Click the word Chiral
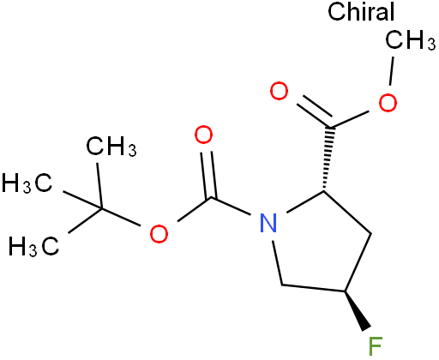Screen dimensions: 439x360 coord(361,11)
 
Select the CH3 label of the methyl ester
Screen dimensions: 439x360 coord(411,40)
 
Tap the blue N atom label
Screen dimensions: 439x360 coord(268,223)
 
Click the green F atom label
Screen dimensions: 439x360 coord(376,346)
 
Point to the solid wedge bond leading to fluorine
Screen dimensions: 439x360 coord(357,311)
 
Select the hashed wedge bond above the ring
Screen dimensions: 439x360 coord(328,159)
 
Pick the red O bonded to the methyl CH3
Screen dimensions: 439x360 coord(388,102)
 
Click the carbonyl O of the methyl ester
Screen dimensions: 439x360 coord(279,91)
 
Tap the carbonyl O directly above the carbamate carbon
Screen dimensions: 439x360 coord(203,135)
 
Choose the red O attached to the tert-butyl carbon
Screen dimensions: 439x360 coord(159,234)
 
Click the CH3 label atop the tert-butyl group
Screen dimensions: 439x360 coord(111,147)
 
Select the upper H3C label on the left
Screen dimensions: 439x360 coord(27,183)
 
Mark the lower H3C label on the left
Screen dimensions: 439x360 coord(34,245)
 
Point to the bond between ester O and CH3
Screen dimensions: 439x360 coord(392,71)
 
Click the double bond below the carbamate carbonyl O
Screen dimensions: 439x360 coord(208,174)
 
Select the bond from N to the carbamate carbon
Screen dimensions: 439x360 coord(231,206)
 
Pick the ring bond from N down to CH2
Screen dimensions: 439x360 coord(278,263)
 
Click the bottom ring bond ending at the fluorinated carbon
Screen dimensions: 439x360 coord(314,288)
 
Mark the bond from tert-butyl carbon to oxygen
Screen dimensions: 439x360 coord(121,218)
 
